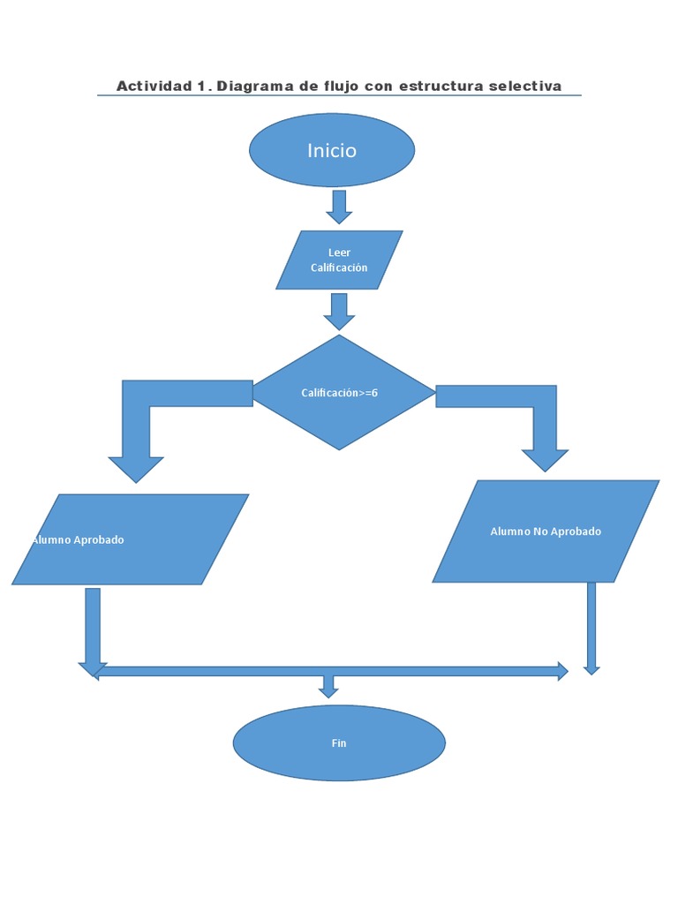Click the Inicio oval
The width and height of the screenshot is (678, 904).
[332, 150]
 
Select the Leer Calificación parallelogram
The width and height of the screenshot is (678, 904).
[339, 260]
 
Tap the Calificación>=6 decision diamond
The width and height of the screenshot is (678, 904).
[343, 393]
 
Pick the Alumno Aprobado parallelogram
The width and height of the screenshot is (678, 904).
[131, 539]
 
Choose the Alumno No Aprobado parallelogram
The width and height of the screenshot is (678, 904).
[546, 531]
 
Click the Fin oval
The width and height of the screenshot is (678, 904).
[339, 743]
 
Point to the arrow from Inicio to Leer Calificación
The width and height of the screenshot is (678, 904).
[339, 206]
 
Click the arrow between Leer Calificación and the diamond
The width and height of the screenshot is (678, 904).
[339, 311]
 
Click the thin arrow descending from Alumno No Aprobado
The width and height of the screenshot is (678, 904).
[591, 627]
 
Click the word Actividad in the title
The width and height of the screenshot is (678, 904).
[154, 86]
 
